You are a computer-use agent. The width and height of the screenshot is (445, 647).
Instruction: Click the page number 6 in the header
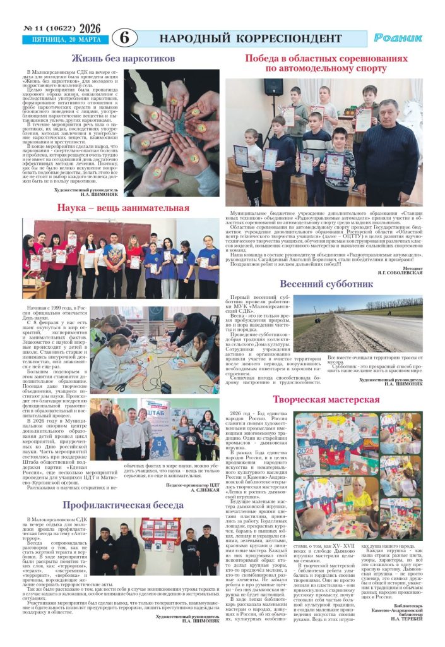(x=124, y=37)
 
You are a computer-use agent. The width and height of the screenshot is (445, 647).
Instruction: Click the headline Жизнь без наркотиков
(x=122, y=58)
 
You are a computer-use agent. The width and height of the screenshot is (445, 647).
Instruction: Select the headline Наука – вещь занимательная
(x=123, y=207)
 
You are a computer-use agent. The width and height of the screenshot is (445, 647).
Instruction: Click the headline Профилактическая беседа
(x=122, y=505)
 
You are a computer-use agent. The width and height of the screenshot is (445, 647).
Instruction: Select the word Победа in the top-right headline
(x=263, y=58)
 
